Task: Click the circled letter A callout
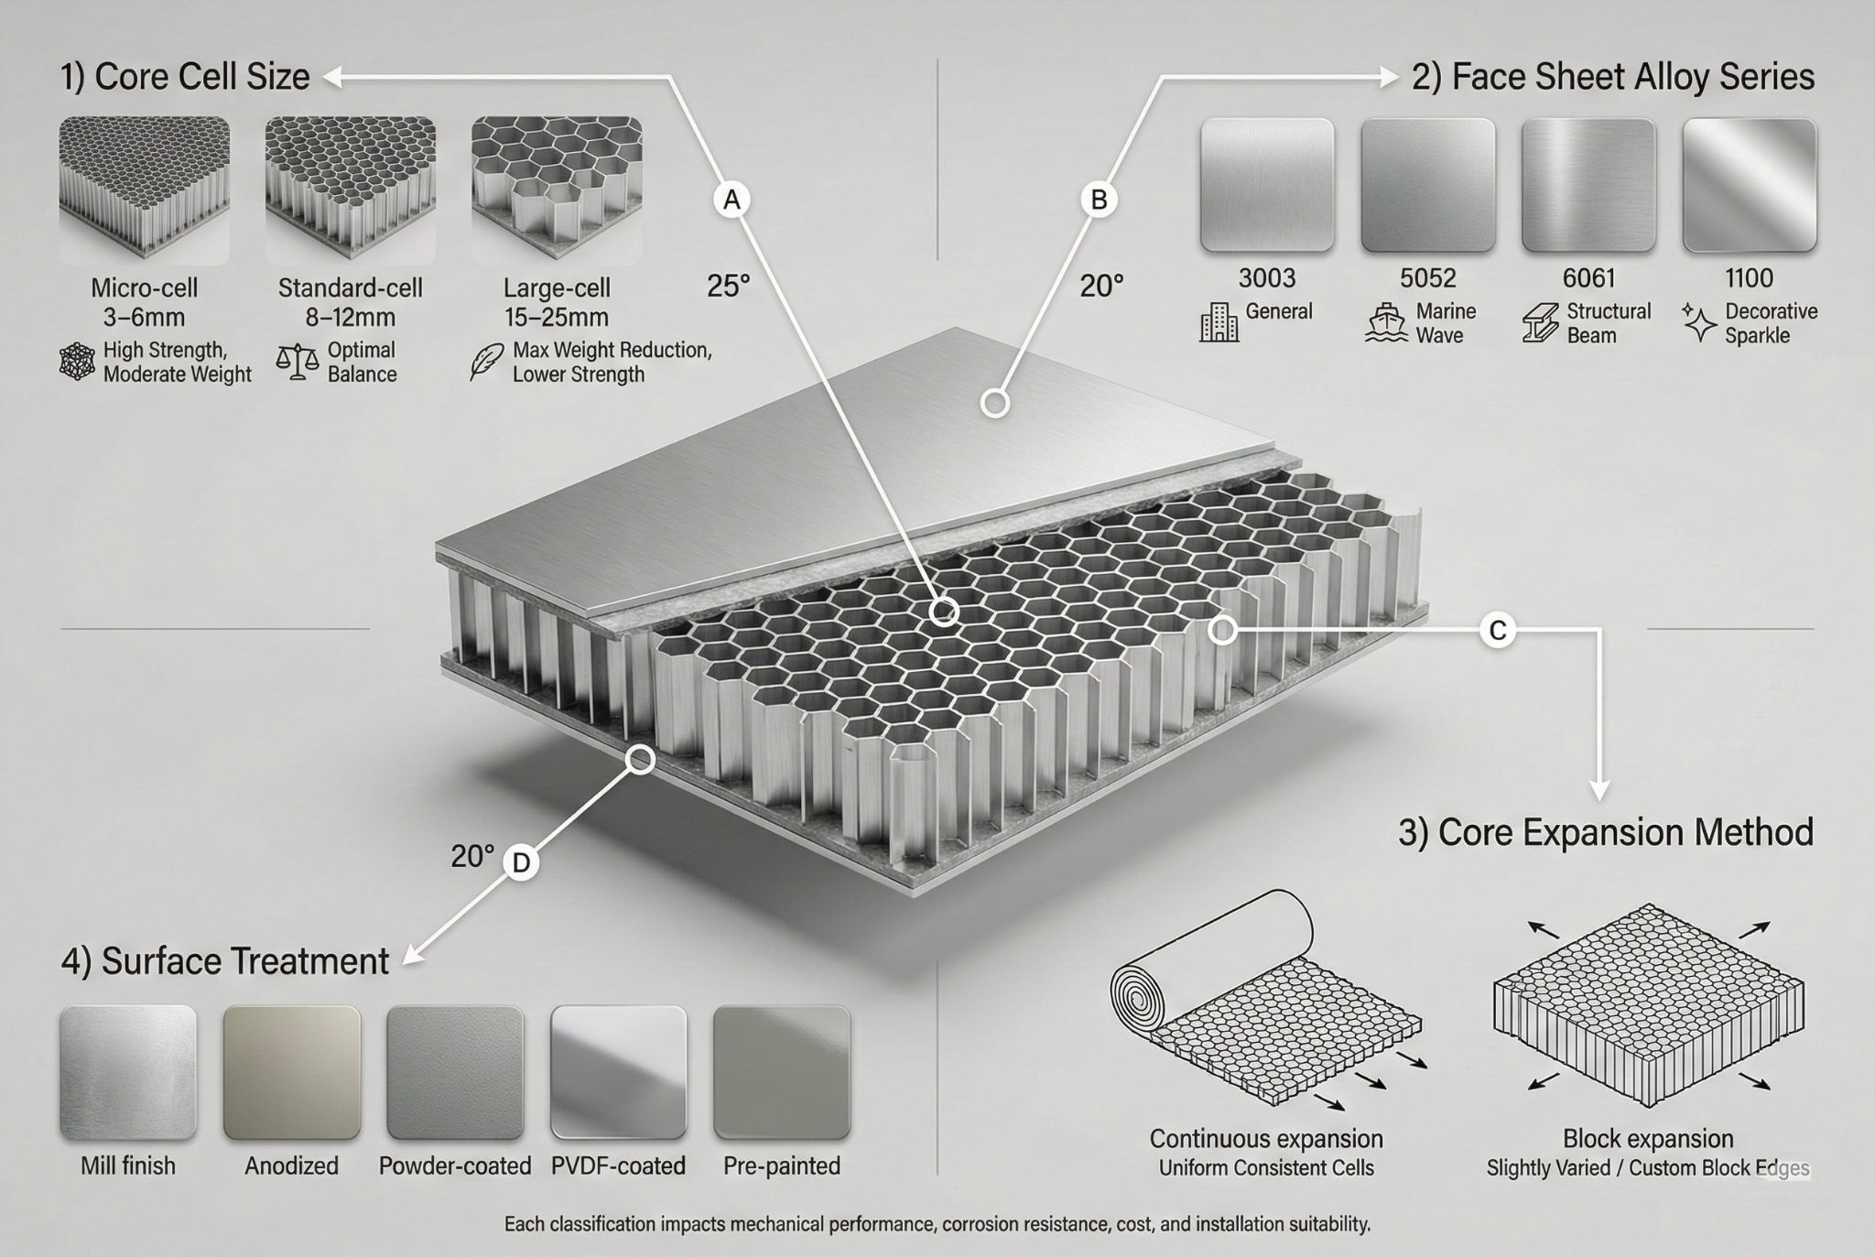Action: point(732,200)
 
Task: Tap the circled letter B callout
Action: point(1099,200)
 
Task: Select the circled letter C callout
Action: point(1498,630)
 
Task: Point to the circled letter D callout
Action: point(520,862)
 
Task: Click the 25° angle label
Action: point(728,287)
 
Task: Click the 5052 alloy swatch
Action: point(1427,185)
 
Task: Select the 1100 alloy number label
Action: point(1749,277)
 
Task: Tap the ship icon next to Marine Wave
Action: point(1384,323)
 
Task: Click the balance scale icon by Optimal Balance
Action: point(297,363)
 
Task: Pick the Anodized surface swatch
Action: point(292,1073)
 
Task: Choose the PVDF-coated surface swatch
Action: point(618,1073)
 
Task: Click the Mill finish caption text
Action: point(128,1165)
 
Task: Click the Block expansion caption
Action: point(1648,1139)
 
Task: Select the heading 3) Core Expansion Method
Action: point(1606,832)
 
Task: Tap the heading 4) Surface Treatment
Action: point(225,961)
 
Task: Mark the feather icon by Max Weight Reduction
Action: point(482,362)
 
